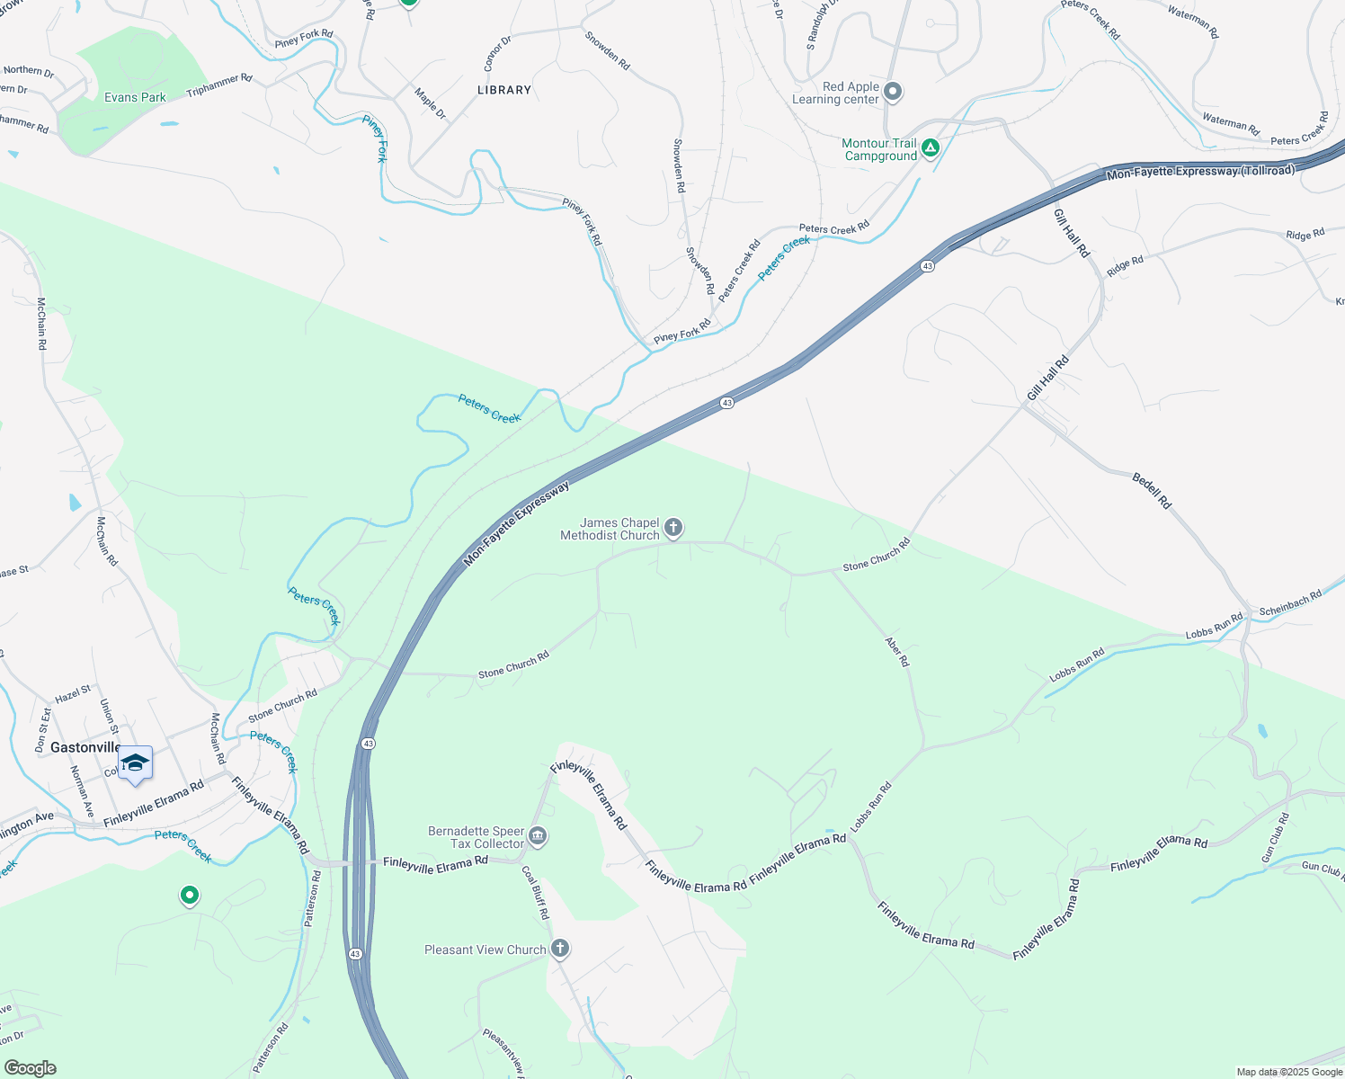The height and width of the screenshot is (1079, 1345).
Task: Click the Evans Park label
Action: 135,97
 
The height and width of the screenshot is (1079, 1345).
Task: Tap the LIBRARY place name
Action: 504,90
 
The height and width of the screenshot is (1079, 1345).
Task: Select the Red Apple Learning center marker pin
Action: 893,92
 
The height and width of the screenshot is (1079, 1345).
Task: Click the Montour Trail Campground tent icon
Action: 931,147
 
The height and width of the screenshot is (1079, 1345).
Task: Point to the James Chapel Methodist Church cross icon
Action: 673,528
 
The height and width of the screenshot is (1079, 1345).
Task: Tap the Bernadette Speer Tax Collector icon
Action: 538,836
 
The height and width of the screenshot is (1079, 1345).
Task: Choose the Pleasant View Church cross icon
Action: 559,949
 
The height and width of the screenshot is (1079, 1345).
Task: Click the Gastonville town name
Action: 85,747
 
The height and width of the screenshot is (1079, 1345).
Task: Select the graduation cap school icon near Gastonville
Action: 135,763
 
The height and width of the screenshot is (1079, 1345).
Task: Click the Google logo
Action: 30,1068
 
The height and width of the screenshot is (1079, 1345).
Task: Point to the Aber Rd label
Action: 897,652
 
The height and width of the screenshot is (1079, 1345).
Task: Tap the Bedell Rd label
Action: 1152,491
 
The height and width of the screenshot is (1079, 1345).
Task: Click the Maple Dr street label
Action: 430,103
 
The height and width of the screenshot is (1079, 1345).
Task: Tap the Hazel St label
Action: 73,693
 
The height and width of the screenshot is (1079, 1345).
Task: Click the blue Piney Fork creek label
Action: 376,138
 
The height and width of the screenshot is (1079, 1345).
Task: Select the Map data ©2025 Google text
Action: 1289,1072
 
